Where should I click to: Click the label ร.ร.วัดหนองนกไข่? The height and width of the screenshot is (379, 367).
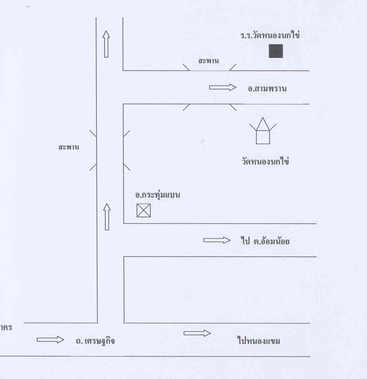[x=270, y=36]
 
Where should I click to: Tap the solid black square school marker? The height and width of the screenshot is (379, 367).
[x=276, y=51]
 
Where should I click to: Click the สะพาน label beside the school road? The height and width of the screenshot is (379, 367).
[x=209, y=61]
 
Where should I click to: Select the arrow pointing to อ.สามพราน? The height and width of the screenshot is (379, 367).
[x=223, y=87]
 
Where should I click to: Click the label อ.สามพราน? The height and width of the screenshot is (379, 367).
[x=267, y=89]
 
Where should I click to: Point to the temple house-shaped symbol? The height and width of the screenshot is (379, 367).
[x=263, y=132]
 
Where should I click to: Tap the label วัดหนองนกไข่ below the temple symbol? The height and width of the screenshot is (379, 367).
[x=265, y=161]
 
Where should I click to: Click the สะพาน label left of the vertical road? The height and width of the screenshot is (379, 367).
[x=69, y=147]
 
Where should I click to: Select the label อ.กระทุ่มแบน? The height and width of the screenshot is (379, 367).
[x=158, y=195]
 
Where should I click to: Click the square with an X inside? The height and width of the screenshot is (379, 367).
[x=144, y=210]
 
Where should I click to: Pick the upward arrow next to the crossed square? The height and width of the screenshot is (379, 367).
[x=107, y=217]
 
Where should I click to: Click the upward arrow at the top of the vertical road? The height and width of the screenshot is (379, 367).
[x=106, y=44]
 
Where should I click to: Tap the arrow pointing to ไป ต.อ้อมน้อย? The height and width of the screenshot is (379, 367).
[x=217, y=240]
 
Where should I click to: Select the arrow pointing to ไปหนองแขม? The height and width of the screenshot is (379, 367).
[x=197, y=333]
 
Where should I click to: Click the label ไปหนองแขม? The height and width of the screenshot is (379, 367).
[x=259, y=341]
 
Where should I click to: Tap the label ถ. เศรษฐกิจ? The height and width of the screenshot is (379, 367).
[x=95, y=341]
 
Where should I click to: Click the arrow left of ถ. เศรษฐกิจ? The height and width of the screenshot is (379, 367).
[x=50, y=340]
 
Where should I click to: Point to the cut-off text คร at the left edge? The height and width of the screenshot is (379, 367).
[x=6, y=327]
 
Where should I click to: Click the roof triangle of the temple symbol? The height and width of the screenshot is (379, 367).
[x=263, y=124]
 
